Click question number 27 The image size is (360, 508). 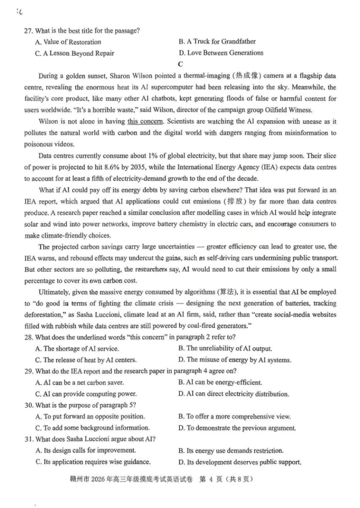[28, 30]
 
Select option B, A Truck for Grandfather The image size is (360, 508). [217, 42]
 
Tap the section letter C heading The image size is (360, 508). [181, 64]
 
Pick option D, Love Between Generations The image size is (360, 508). [221, 53]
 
